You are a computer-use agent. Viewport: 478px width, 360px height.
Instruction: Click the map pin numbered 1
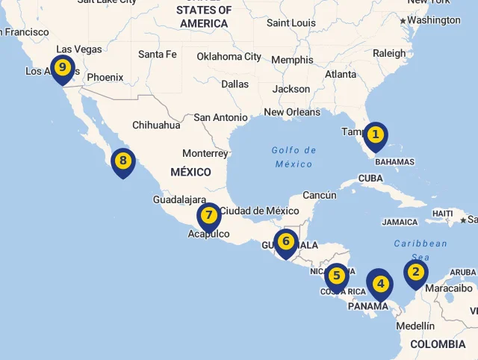(376, 135)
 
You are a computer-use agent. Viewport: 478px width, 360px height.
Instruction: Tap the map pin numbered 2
(416, 273)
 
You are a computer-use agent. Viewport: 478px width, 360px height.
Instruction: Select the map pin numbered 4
(381, 284)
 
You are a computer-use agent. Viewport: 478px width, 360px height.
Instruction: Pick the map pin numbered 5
(337, 276)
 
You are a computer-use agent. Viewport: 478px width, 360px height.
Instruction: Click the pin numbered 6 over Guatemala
(285, 242)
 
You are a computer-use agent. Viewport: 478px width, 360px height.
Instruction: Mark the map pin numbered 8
(123, 161)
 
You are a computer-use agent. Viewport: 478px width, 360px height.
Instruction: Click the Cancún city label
(320, 195)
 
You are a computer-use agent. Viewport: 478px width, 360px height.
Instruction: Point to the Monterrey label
(205, 153)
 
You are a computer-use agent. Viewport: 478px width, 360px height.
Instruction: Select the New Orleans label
(292, 113)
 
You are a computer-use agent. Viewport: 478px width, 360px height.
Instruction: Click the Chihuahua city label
(156, 125)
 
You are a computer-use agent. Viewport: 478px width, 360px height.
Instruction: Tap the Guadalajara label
(179, 200)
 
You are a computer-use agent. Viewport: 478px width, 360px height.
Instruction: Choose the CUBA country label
(371, 179)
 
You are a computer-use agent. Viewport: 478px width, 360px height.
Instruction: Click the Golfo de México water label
(294, 157)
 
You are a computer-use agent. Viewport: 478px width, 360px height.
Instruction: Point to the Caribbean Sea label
(420, 249)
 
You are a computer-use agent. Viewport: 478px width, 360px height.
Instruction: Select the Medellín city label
(415, 326)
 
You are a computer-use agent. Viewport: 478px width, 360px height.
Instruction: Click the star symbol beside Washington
(403, 21)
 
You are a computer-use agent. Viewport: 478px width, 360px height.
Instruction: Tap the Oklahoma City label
(229, 57)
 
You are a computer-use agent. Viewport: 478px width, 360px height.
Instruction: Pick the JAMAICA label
(400, 222)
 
